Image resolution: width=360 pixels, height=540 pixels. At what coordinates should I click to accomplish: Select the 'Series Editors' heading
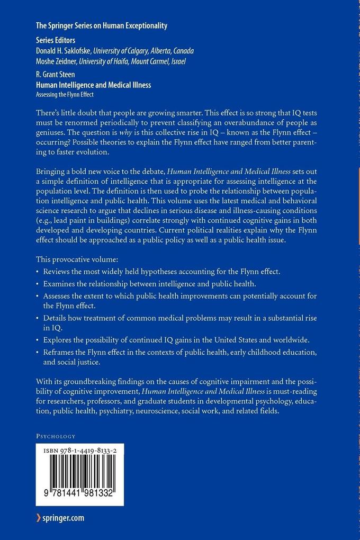(x=55, y=40)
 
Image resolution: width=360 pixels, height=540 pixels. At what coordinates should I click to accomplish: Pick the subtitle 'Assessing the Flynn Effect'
(x=65, y=95)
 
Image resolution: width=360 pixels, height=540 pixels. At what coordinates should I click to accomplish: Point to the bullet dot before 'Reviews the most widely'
(x=38, y=272)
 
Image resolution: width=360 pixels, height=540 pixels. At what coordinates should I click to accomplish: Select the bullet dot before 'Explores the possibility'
(x=38, y=339)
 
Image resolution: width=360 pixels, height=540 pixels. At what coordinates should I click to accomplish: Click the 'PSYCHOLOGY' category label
(x=56, y=436)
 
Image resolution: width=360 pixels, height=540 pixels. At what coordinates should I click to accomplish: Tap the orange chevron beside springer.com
(x=38, y=518)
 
